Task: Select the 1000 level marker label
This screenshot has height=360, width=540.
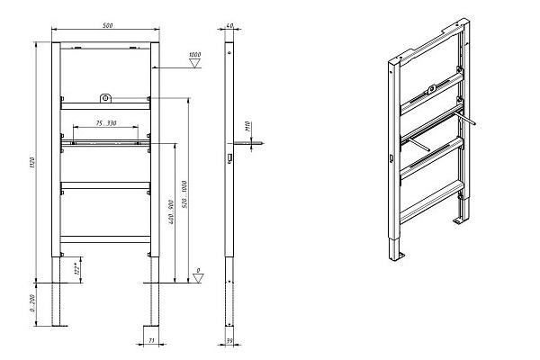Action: coord(194,56)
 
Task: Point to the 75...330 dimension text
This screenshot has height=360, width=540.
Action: coord(105,122)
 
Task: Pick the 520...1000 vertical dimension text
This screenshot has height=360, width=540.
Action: coord(184,194)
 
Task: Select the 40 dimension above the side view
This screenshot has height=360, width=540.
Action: coord(229,26)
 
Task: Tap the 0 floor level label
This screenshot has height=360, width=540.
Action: coord(198,271)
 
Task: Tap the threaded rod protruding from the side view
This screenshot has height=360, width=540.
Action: coord(247,142)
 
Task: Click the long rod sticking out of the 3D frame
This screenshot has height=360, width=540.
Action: coord(465,117)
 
